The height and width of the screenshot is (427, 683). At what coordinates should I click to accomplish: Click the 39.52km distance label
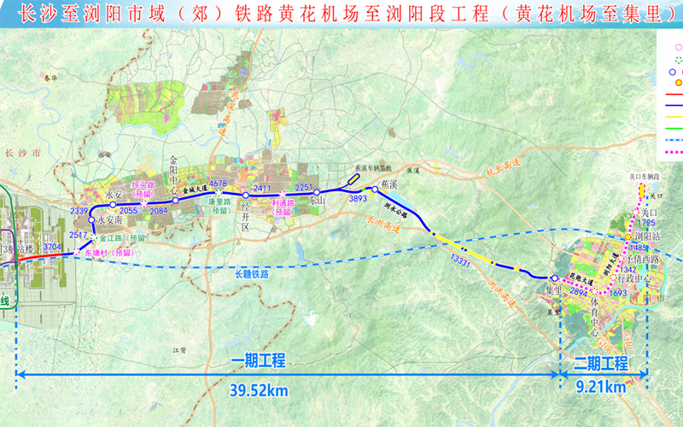click(258, 390)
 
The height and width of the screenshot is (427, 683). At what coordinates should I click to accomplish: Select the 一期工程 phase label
click(258, 361)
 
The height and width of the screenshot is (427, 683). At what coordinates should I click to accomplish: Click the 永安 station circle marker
click(112, 205)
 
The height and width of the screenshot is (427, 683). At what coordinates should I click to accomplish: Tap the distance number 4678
click(219, 184)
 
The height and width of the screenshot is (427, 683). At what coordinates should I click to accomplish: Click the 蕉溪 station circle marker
click(374, 190)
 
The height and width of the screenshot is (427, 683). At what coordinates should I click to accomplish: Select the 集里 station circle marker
click(555, 278)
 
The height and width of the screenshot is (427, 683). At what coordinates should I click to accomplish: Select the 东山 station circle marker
click(317, 192)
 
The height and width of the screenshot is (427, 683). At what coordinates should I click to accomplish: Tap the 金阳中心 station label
click(175, 171)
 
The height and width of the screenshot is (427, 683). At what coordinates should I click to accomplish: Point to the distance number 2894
click(576, 291)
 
